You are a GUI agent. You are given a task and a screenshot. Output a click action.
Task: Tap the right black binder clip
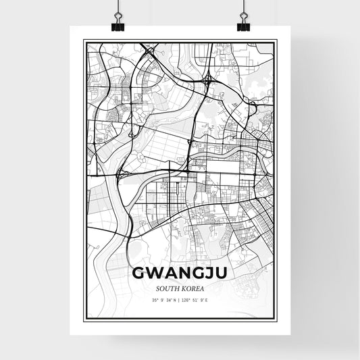(x=242, y=25)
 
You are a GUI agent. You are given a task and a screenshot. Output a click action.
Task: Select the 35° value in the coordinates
(x=155, y=300)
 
